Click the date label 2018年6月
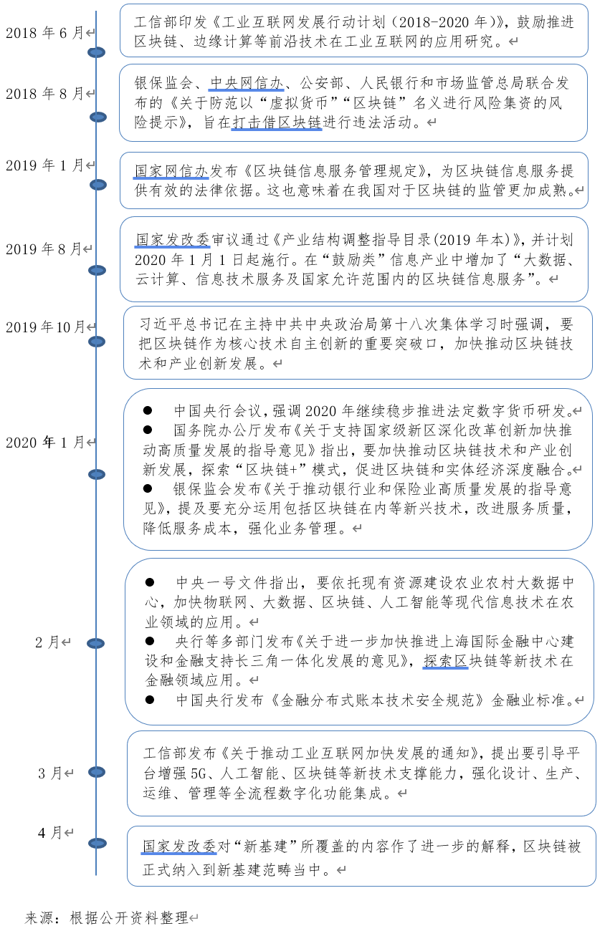point(45,33)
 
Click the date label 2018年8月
point(45,94)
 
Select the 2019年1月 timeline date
point(45,165)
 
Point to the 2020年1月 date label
point(45,443)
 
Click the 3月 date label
point(51,773)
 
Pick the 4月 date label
point(51,833)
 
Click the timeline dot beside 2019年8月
point(96,270)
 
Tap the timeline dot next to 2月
point(96,645)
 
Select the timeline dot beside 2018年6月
point(96,52)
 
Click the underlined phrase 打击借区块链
point(277,122)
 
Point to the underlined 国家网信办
point(171,171)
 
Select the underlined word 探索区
point(445,660)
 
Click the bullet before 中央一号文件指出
point(150,582)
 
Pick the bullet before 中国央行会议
point(148,410)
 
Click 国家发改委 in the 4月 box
point(178,846)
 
